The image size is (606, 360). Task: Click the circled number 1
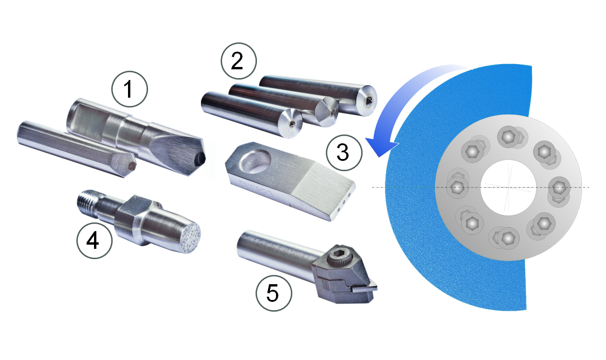point(129,89)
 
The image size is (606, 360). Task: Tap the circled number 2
point(238,60)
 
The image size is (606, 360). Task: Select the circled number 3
point(344,153)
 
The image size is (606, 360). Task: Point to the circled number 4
point(94,240)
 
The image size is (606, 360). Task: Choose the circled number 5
point(274,293)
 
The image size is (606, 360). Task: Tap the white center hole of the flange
point(508,187)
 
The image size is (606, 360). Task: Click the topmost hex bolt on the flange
point(509,137)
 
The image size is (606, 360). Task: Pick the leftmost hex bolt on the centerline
point(458,187)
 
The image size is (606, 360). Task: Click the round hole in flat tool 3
point(256,161)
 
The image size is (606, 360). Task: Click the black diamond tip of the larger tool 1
point(201,158)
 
